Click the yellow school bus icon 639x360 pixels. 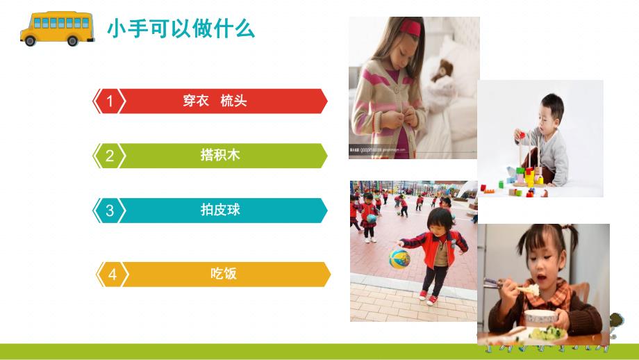(x=58, y=28)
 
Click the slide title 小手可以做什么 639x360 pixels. (x=181, y=29)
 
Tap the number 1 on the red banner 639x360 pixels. (x=109, y=101)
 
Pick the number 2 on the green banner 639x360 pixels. (x=109, y=156)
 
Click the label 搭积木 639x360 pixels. (x=219, y=156)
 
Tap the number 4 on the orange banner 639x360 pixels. (x=112, y=275)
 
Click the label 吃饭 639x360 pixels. (x=224, y=274)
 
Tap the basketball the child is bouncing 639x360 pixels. (x=400, y=257)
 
